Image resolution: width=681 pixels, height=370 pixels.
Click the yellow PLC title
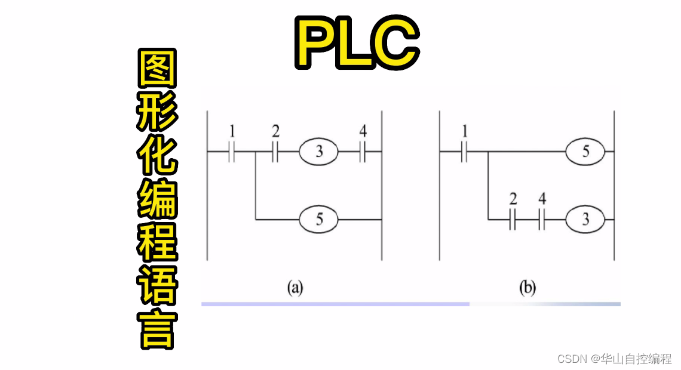pos(357,41)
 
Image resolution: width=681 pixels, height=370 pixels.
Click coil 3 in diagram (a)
pos(319,152)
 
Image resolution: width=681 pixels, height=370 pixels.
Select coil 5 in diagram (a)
pos(319,220)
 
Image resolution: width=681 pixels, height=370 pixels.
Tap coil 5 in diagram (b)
pos(585,152)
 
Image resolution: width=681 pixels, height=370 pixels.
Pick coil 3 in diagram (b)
pos(585,220)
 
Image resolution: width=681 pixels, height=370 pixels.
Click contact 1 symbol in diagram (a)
pos(231,153)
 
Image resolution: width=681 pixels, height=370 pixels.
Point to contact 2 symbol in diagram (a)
pos(275,153)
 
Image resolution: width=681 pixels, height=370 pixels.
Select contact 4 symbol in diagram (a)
pos(362,153)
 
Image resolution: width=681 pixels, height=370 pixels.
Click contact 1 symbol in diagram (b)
pos(464,153)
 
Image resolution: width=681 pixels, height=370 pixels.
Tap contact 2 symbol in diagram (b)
pos(513,220)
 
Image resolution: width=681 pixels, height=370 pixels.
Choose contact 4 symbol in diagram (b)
pos(541,220)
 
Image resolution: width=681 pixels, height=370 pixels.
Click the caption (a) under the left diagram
pos(295,289)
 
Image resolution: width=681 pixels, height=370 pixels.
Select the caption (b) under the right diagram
pos(527,289)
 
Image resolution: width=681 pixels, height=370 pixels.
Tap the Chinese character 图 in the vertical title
pos(157,69)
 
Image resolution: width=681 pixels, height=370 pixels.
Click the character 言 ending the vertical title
pos(157,330)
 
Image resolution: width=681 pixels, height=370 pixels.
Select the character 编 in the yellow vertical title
pos(157,199)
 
